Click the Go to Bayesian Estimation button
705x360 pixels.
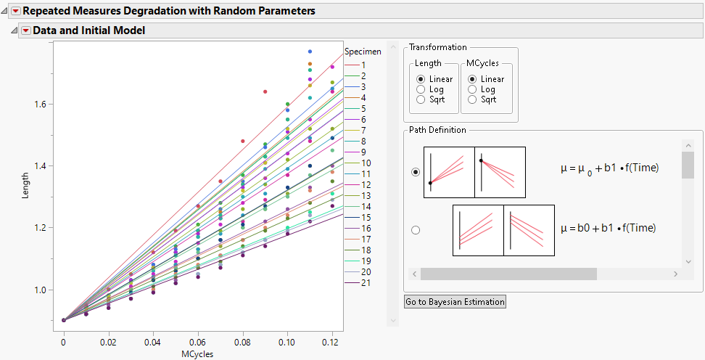point(455,302)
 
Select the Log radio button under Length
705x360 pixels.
point(421,89)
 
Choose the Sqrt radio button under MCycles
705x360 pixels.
point(473,99)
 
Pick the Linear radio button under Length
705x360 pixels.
point(421,79)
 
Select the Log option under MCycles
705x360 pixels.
point(473,89)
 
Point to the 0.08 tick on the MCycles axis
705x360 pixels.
point(242,340)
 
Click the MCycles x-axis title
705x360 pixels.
point(197,354)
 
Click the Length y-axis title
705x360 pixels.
point(25,185)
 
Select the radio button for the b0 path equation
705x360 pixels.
point(416,230)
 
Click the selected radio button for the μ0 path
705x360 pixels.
point(416,172)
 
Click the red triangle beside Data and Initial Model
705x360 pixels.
point(26,30)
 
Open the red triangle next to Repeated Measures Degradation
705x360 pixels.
point(15,11)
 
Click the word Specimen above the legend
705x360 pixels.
point(363,52)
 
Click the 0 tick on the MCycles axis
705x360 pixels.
point(64,340)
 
